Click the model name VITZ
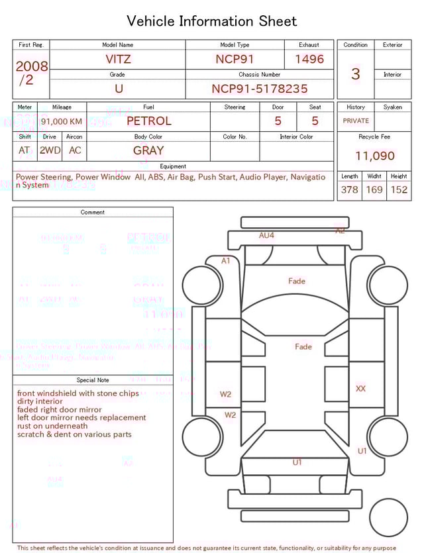pos(118,59)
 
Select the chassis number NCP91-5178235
pos(259,89)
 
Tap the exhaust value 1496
pos(309,59)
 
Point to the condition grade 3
pos(355,74)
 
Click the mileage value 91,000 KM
pos(62,121)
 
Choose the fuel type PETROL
pos(148,121)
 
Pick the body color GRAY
pos(148,150)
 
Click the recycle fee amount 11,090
pos(375,156)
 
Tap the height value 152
pos(399,189)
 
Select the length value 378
pos(349,189)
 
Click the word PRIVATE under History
pos(356,121)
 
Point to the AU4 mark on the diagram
pos(266,235)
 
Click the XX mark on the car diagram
pos(360,389)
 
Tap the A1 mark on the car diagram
pos(226,261)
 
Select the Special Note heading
pos(93,380)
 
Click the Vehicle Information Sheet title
pos(212,21)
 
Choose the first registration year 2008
pos(31,66)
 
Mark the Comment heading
pos(93,213)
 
